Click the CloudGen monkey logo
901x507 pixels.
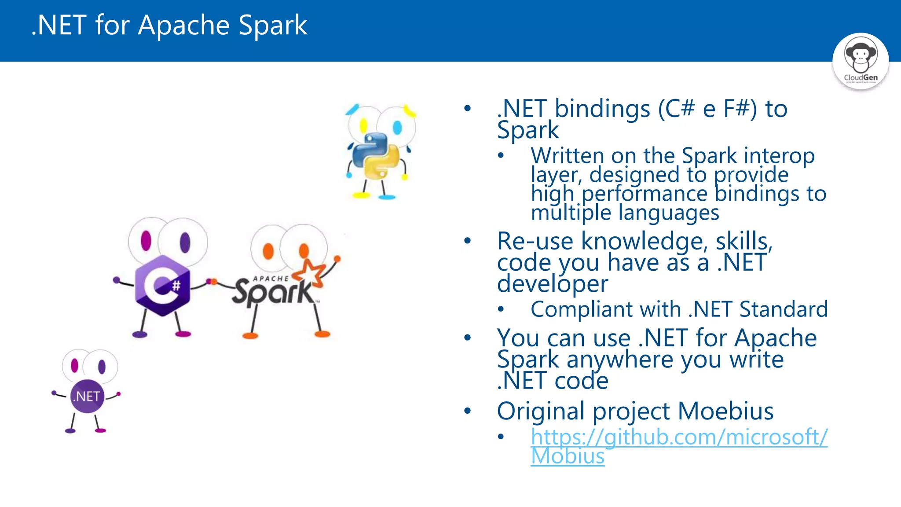click(x=861, y=61)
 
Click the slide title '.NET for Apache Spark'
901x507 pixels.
click(x=169, y=25)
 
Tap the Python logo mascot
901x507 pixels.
click(x=376, y=156)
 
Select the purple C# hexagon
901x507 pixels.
click(x=162, y=285)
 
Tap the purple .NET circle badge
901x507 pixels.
click(x=87, y=396)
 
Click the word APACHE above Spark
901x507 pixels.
click(x=271, y=279)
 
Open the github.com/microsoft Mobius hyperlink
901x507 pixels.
click(x=679, y=437)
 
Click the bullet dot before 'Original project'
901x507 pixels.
click(x=467, y=411)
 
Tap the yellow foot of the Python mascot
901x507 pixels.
click(x=362, y=195)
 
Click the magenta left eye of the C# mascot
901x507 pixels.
click(x=146, y=241)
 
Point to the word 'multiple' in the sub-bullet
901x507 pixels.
click(x=571, y=213)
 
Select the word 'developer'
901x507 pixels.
click(x=553, y=284)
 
